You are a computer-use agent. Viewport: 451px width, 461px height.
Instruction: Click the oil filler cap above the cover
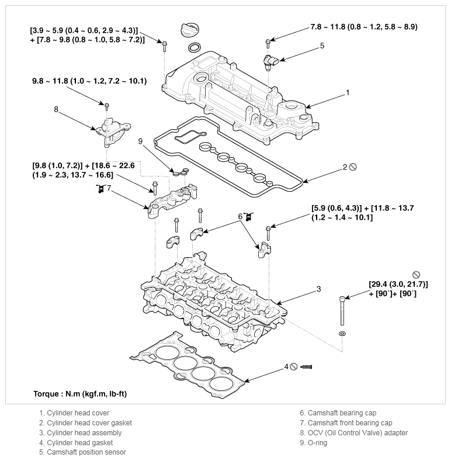[189, 30]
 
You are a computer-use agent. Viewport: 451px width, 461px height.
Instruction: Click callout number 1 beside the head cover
[348, 93]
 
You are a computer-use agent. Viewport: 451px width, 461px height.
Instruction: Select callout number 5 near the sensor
[322, 46]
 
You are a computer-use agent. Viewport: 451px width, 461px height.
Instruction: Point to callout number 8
[56, 109]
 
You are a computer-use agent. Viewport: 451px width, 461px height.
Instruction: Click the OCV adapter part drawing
[112, 131]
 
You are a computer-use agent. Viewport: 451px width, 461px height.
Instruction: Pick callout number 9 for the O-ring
[140, 141]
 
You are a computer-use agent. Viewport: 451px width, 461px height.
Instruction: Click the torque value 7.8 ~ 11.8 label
[364, 27]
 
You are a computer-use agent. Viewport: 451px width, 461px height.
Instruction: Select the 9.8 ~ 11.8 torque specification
[89, 81]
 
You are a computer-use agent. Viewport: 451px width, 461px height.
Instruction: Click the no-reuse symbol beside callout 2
[353, 167]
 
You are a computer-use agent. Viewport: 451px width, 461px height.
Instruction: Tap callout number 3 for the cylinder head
[319, 289]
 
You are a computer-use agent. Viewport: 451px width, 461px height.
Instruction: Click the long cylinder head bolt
[342, 310]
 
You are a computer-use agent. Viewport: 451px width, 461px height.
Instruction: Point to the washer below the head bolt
[342, 334]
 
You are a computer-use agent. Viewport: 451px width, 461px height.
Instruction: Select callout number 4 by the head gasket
[286, 367]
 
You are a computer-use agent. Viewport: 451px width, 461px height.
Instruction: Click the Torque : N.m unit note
[80, 394]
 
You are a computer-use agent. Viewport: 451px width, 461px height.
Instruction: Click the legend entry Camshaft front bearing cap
[346, 423]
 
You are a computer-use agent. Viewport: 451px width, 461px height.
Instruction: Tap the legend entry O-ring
[313, 442]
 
